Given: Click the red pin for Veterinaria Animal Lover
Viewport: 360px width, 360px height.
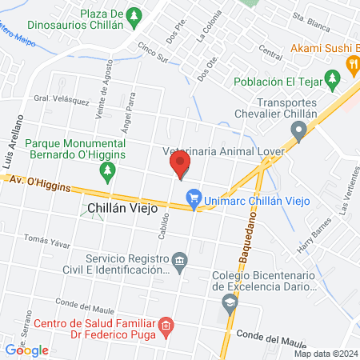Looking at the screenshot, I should (180, 166).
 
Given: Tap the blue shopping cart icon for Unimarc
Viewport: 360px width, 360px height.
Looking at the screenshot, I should (194, 197).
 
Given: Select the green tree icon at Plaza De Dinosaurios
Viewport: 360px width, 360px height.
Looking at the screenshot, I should (135, 14).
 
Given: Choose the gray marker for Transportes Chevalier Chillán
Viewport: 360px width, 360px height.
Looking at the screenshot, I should (300, 132).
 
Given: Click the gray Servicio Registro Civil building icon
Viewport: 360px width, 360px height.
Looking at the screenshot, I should (180, 262).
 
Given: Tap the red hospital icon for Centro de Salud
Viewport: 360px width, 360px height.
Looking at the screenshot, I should (166, 325).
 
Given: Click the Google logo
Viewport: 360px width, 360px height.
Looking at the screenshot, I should (27, 350).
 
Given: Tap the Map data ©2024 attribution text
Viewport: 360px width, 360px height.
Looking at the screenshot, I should (325, 354).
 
